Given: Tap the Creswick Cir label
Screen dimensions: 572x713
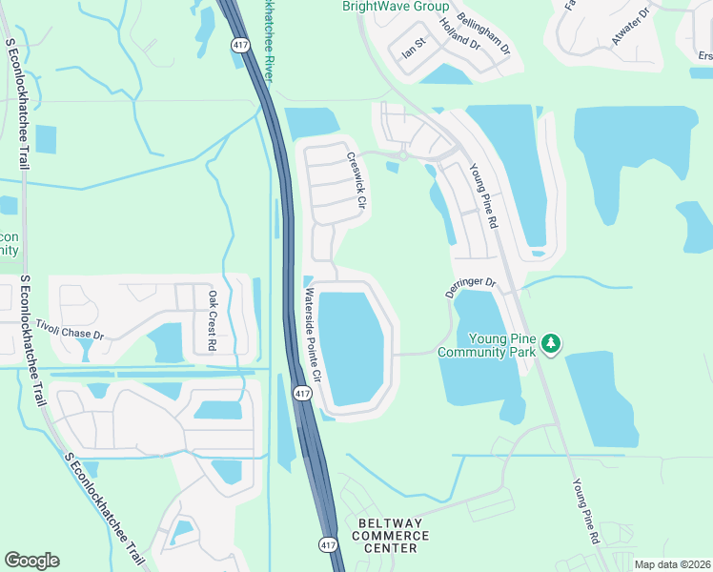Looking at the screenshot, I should tap(356, 182).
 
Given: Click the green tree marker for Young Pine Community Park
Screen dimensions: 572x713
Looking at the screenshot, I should tap(551, 343).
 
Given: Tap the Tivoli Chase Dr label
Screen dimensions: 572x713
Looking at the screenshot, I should tap(69, 331).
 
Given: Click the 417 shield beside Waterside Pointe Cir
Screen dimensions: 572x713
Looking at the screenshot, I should tap(302, 394).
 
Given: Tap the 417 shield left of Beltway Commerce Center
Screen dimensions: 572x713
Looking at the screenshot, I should tap(328, 544).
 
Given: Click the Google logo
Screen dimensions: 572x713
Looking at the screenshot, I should tap(31, 561).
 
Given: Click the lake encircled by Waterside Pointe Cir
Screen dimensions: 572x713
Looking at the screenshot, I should tap(352, 348).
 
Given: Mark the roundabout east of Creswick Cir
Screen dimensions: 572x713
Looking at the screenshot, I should tap(404, 154).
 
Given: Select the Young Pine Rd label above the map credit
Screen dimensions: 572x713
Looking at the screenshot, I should tap(584, 511).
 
